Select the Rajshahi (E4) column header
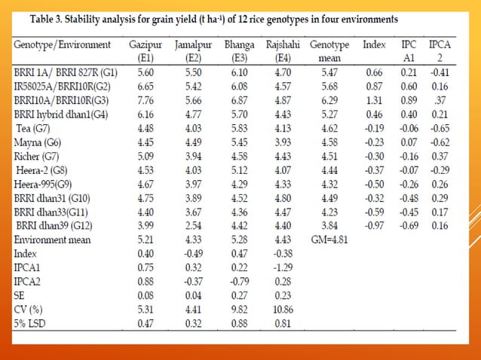(x=283, y=51)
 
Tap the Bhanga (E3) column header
(x=239, y=51)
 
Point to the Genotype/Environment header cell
(x=63, y=45)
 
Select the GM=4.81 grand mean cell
(x=329, y=240)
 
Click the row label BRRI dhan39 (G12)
(x=56, y=227)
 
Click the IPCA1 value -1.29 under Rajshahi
(x=282, y=267)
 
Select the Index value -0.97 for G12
(x=374, y=227)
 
